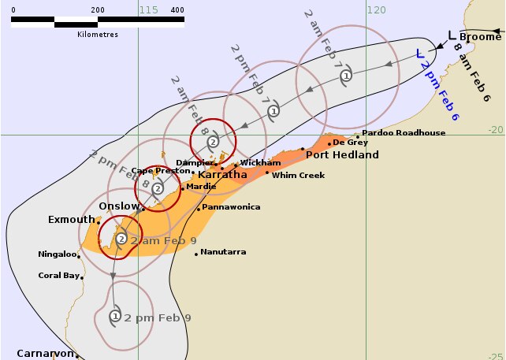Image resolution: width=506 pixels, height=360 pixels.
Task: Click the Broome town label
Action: tap(481, 36)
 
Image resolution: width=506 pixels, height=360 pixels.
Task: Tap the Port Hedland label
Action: tap(337, 154)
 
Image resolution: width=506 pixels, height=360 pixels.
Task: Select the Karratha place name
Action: tap(222, 175)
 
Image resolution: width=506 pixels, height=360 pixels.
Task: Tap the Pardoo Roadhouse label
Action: tap(404, 133)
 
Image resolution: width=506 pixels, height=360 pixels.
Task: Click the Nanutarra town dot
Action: tap(195, 253)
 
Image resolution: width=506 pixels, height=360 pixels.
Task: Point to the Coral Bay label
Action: tap(59, 276)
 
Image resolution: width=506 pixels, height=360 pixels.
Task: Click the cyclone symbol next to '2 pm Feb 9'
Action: tap(115, 317)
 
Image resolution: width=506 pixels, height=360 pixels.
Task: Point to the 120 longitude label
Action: tap(378, 10)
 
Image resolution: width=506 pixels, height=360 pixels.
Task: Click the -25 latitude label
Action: tap(496, 355)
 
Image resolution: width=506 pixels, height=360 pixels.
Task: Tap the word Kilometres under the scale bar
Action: tap(98, 35)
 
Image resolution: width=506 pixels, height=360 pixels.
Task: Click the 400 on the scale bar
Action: tap(177, 10)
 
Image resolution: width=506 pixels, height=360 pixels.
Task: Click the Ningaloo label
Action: tap(58, 254)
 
